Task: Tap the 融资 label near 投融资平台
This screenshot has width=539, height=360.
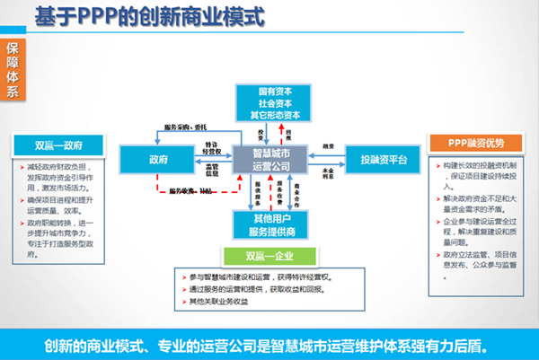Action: pyautogui.click(x=328, y=146)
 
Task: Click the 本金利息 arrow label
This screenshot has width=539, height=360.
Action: pyautogui.click(x=328, y=171)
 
